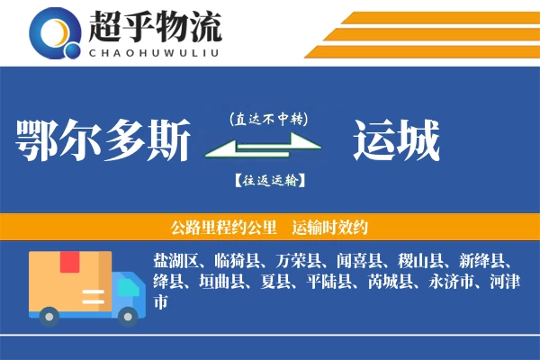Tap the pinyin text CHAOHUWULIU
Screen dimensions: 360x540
click(x=155, y=51)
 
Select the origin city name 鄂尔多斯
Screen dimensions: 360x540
click(x=103, y=141)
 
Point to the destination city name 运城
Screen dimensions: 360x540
click(x=396, y=141)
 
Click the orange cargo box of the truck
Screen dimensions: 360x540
click(x=70, y=280)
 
